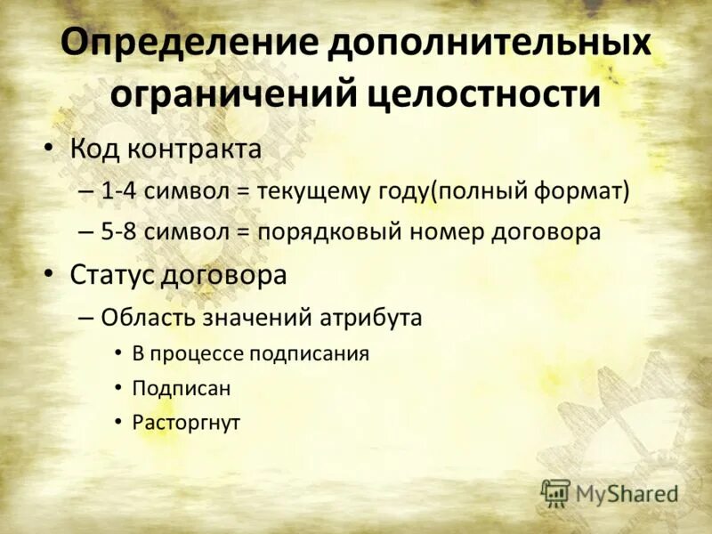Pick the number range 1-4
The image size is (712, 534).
point(119,190)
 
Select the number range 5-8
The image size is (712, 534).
point(119,232)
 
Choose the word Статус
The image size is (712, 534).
point(112,275)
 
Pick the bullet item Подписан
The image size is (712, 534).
point(181,388)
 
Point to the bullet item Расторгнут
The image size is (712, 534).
point(186,422)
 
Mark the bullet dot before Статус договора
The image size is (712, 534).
point(50,275)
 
